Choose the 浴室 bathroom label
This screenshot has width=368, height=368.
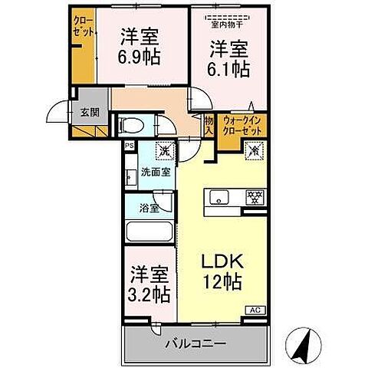click(149, 207)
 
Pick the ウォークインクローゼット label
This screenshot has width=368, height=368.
click(242, 126)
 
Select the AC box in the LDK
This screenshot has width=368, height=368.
click(255, 310)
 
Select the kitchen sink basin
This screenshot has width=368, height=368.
click(218, 199)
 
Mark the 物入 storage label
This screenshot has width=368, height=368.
click(209, 124)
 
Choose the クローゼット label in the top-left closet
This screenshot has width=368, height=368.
click(84, 28)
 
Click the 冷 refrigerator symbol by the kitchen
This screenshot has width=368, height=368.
click(255, 151)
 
